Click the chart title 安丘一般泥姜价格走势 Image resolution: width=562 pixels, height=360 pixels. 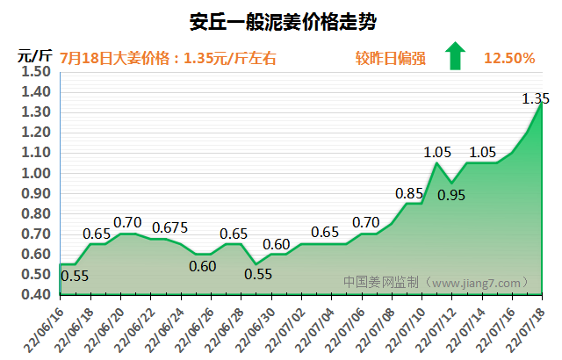click(283, 22)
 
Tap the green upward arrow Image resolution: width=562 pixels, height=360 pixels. click(455, 55)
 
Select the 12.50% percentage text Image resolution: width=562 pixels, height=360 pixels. click(509, 58)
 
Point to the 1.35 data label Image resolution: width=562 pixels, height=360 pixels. click(536, 98)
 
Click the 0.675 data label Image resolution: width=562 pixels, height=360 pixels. click(169, 227)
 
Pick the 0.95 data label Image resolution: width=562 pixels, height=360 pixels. click(451, 195)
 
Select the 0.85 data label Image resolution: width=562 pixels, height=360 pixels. click(409, 194)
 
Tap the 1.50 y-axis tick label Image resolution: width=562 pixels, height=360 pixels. click(36, 72)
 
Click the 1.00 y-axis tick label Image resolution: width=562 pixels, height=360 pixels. click(36, 173)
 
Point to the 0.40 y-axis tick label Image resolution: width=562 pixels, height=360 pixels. click(36, 294)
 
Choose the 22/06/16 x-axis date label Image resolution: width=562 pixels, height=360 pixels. click(44, 330)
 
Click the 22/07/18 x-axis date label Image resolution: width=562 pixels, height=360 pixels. click(525, 330)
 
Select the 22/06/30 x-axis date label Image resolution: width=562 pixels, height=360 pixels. click(255, 330)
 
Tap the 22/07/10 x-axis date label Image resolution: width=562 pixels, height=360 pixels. click(405, 330)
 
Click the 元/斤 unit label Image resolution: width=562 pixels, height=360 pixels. click(35, 56)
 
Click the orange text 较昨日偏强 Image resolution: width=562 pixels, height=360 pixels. click(390, 58)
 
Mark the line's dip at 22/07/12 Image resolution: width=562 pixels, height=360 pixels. click(451, 183)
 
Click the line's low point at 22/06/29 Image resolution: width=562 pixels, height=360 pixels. click(256, 264)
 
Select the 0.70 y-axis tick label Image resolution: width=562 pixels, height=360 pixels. click(36, 234)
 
